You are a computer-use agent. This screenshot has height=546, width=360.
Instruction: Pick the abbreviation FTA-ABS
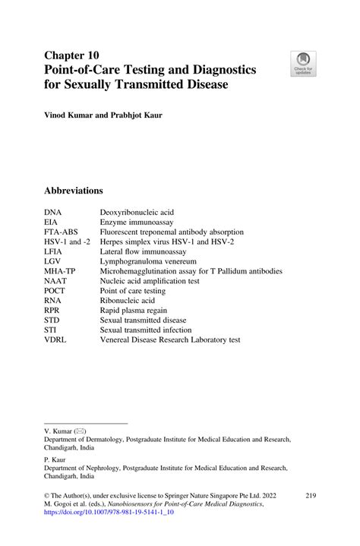tap(61, 232)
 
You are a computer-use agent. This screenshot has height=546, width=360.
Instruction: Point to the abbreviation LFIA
tap(55, 250)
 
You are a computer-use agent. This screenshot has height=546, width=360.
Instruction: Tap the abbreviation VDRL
tap(56, 339)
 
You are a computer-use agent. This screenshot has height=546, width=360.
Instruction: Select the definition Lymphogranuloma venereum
tap(147, 260)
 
